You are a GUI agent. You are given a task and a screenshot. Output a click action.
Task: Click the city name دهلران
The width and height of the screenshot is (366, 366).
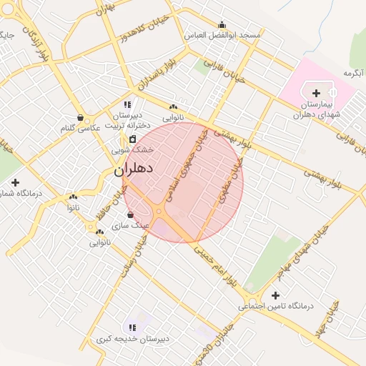click(x=134, y=170)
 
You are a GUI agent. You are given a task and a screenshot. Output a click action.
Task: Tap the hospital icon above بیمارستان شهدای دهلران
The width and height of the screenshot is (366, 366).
click(x=317, y=93)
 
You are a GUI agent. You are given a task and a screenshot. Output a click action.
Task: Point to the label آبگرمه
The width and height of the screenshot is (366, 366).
click(x=354, y=73)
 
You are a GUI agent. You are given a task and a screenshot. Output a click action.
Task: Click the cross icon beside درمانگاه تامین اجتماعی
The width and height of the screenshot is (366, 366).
click(x=276, y=295)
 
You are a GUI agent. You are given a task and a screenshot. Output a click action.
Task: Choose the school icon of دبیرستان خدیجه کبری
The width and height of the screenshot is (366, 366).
click(x=132, y=327)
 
